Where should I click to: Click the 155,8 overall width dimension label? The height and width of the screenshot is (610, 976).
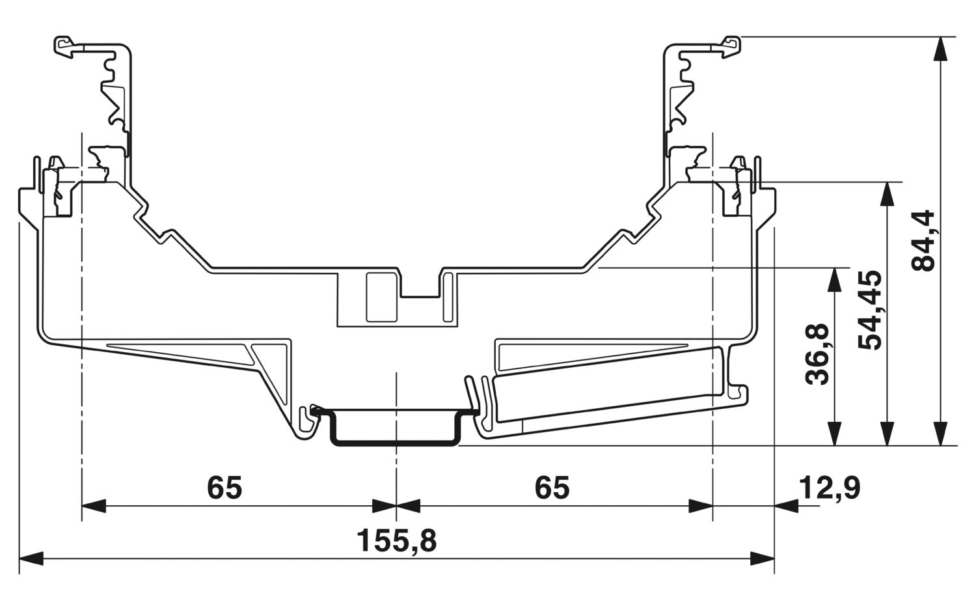[397, 540]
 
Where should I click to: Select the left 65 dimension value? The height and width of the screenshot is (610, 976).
[224, 488]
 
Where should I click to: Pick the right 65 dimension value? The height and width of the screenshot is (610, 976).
[552, 488]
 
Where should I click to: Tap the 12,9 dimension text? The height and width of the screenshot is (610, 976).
[830, 488]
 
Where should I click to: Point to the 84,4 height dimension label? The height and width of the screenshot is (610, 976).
[923, 240]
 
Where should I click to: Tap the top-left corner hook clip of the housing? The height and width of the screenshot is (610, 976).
[64, 46]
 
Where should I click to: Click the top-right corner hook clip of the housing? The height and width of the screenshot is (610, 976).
[734, 44]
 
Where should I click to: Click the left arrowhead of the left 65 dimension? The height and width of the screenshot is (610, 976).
[94, 506]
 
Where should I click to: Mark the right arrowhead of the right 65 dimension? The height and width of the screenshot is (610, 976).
[701, 506]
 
